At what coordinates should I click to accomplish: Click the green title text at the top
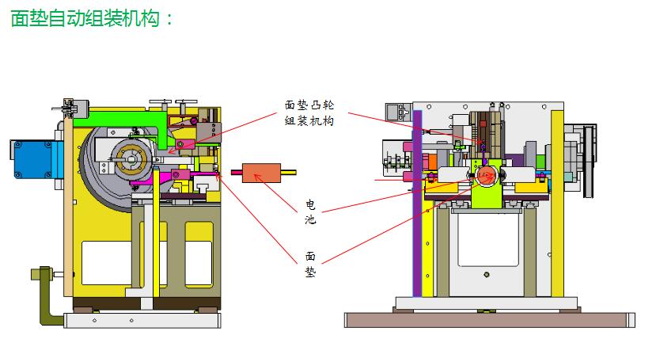92,18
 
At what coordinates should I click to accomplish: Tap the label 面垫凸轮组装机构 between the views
309,112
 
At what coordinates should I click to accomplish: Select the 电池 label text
310,212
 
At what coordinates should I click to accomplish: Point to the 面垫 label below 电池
310,264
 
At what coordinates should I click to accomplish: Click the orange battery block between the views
261,173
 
